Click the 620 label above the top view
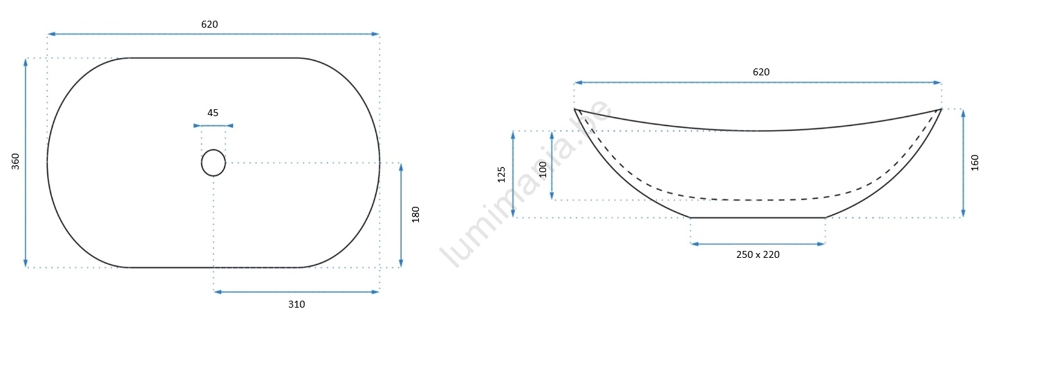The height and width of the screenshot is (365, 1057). point(209,24)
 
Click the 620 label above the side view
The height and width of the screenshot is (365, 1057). point(760,72)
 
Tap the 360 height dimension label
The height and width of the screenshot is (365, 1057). point(16,161)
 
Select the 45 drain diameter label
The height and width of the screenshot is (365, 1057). point(213,113)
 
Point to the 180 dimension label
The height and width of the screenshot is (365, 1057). point(415,214)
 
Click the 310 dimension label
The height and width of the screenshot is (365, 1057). point(297,305)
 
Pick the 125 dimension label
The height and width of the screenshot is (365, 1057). point(501,174)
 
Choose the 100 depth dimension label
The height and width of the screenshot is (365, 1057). point(543,169)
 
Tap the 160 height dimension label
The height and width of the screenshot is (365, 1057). point(975,162)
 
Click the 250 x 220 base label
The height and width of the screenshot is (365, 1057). point(758,254)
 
